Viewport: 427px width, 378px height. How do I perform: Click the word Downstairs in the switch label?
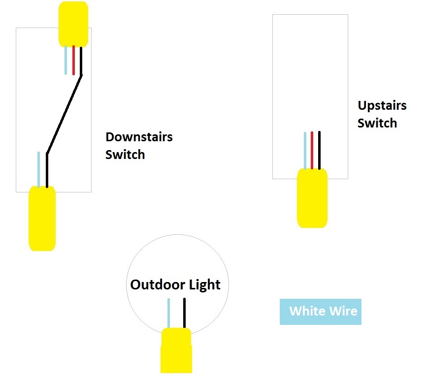(139, 137)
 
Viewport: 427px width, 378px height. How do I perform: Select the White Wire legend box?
(320, 312)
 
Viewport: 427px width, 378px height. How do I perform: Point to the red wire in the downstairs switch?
(73, 60)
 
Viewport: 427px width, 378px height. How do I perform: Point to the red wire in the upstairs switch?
(312, 150)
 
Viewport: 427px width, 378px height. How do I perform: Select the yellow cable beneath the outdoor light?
(176, 350)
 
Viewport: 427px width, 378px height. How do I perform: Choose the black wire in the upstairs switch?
(319, 150)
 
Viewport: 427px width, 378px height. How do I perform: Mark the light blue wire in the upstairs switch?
(305, 150)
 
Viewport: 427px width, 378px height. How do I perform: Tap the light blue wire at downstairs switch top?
(66, 60)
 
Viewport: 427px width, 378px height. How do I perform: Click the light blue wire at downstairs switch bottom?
(38, 169)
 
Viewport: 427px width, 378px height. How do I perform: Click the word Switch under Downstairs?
(125, 155)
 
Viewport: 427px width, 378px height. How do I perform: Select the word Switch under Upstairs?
(377, 123)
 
